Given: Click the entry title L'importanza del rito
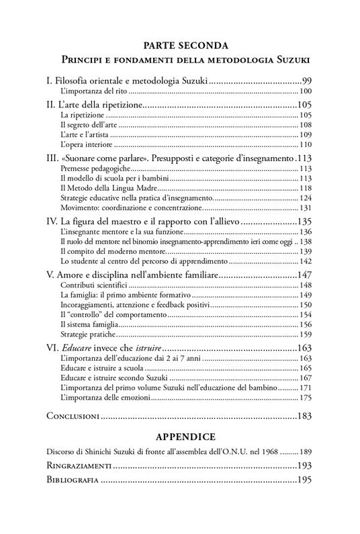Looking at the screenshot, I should pyautogui.click(x=93, y=91).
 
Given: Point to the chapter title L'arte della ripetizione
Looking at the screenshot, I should pyautogui.click(x=101, y=105).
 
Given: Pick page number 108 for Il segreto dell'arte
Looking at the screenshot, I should pyautogui.click(x=306, y=125).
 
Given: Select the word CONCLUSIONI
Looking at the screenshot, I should pyautogui.click(x=73, y=416).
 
